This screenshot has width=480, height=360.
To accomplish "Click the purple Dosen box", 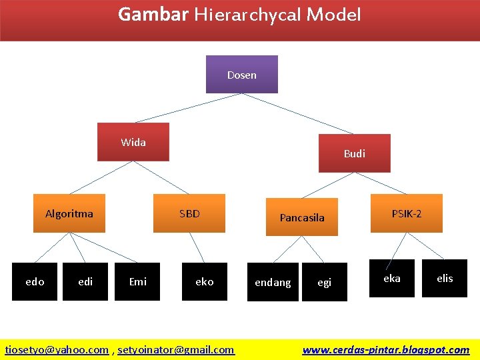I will point(242,74).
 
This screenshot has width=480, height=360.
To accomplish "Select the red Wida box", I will point(133,142).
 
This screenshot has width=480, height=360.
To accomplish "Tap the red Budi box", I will point(354,153).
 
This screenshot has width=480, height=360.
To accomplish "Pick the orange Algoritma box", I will point(69,213).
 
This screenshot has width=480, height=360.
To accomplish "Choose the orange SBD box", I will point(189,213).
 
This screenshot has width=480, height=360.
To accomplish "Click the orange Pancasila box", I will point(302,217).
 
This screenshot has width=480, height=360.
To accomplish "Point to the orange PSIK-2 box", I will point(407,213).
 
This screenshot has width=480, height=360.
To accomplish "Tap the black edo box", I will point(35,281).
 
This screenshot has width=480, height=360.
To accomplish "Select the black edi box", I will point(85,281).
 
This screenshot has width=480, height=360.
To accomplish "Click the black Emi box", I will point(138,281).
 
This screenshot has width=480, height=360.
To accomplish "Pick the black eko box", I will point(205,281).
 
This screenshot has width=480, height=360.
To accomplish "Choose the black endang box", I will point(273,282).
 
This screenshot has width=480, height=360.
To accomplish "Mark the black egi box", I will point(325,282).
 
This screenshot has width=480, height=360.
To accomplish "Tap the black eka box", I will point(392,278).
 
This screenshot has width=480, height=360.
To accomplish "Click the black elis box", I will point(445,278).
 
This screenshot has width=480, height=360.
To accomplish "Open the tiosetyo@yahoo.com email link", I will point(57,349).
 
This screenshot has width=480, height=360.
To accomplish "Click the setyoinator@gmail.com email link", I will point(176,349).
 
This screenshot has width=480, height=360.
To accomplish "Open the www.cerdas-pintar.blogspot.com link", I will point(386,349).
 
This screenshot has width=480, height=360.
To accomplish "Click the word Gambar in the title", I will point(153,14).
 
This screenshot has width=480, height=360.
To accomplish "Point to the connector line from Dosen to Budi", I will point(298,113).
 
